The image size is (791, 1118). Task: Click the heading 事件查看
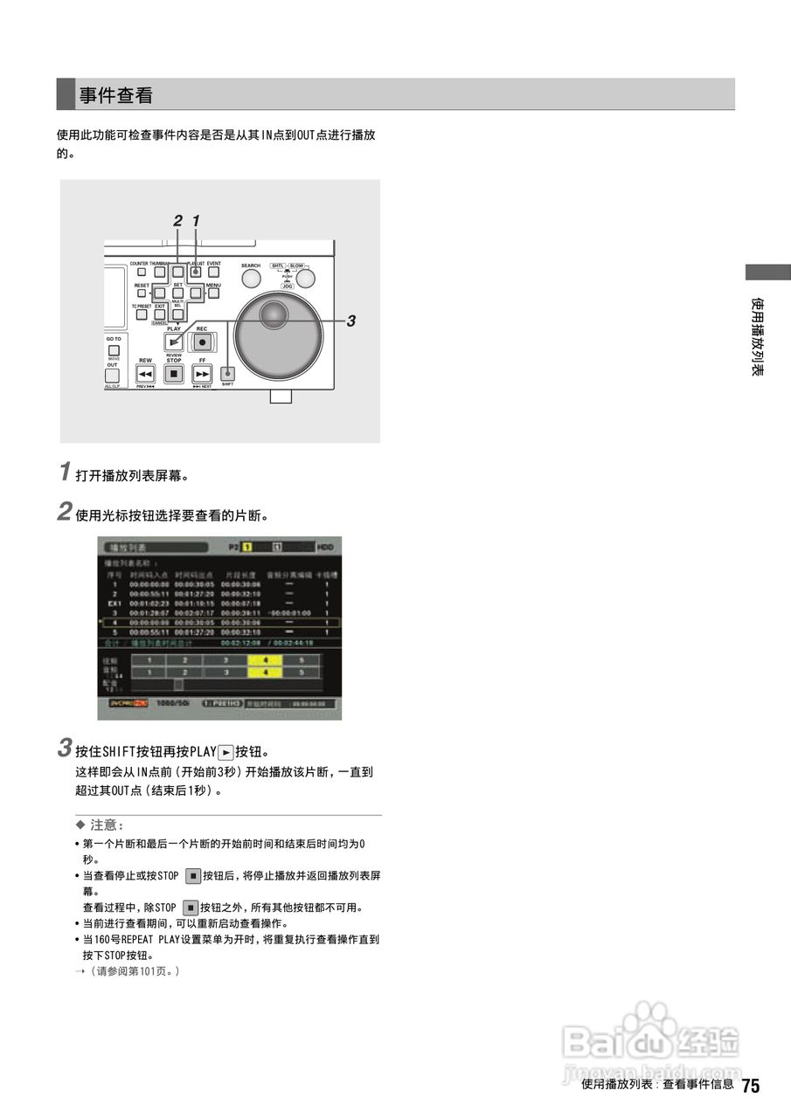pyautogui.click(x=116, y=95)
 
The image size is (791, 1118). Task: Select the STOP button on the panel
pyautogui.click(x=173, y=373)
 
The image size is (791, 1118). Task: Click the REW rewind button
pyautogui.click(x=145, y=373)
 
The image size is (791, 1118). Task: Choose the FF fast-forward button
pyautogui.click(x=202, y=373)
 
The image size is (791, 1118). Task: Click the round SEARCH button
pyautogui.click(x=251, y=278)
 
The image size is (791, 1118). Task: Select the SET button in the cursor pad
pyautogui.click(x=177, y=294)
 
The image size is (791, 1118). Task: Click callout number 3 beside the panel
pyautogui.click(x=350, y=321)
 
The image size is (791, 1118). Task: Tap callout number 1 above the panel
pyautogui.click(x=196, y=222)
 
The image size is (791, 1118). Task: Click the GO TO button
pyautogui.click(x=114, y=349)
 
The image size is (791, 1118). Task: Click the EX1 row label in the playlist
pyautogui.click(x=114, y=603)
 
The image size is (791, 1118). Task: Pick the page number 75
pyautogui.click(x=750, y=1087)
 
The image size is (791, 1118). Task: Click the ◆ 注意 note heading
pyautogui.click(x=101, y=825)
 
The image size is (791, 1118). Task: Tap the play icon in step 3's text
pyautogui.click(x=226, y=752)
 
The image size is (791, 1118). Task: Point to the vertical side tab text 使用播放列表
pyautogui.click(x=759, y=337)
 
